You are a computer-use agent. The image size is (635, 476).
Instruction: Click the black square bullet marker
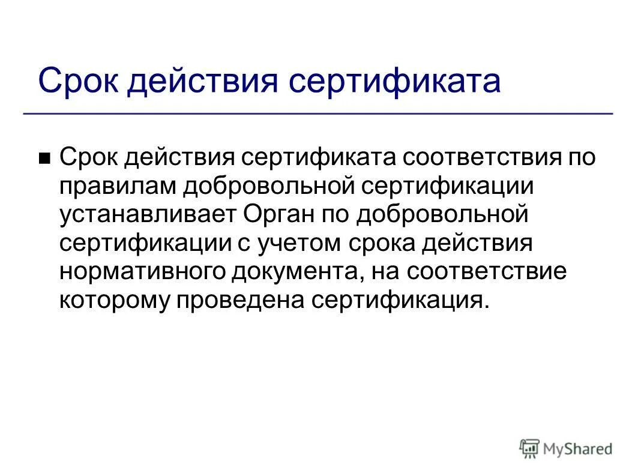[x=44, y=159]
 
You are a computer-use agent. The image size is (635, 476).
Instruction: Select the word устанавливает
[x=148, y=214]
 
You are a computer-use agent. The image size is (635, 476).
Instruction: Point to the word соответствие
[x=486, y=271]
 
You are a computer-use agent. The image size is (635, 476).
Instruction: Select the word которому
[x=113, y=300]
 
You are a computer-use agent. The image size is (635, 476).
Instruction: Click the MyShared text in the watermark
[x=577, y=448]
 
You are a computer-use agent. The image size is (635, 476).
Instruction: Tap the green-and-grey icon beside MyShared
[x=530, y=448]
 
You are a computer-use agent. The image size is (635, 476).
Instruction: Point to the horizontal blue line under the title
[x=318, y=113]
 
